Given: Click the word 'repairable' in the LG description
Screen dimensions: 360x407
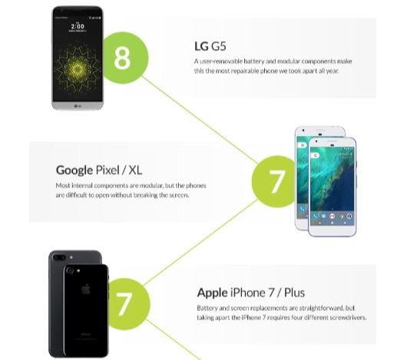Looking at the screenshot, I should point(256,72).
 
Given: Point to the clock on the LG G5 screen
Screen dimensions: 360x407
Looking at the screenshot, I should point(78,25).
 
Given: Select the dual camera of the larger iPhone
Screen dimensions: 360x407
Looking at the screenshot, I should point(70,271).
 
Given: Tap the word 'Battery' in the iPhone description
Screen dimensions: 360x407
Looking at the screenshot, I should point(210,308).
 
